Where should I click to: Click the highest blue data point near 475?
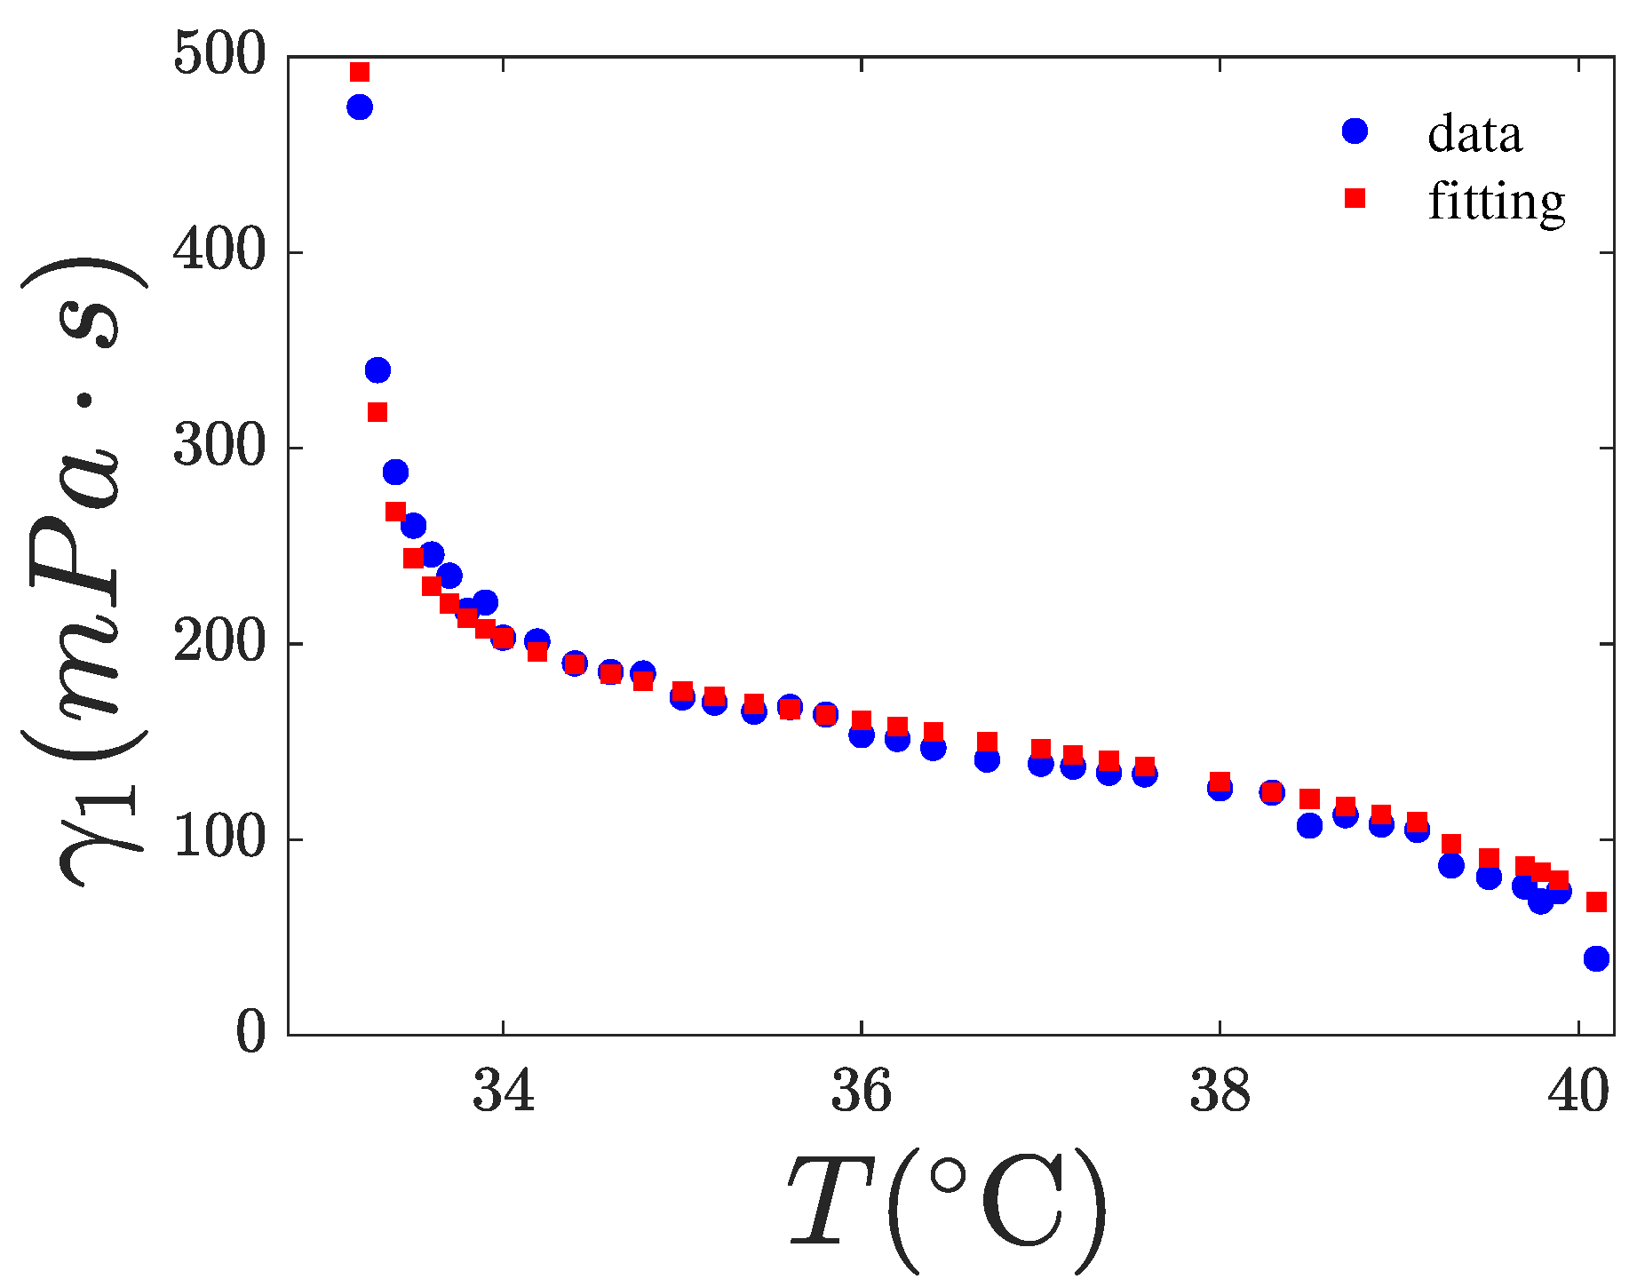tap(360, 107)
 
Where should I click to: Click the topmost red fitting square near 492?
tap(360, 72)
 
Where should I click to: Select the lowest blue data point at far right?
tap(1596, 958)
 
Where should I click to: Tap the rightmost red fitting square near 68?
tap(1596, 902)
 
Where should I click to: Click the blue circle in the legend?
tap(1355, 131)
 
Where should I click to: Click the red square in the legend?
tap(1355, 198)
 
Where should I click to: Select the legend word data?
tap(1474, 134)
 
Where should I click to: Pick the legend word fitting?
tap(1496, 202)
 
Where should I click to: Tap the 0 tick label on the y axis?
tap(250, 1033)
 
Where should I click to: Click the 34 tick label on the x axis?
tap(504, 1092)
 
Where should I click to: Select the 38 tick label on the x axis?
tap(1220, 1092)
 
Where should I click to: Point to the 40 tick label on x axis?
tap(1578, 1092)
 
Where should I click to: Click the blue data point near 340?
tap(377, 370)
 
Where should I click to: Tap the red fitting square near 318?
tap(377, 412)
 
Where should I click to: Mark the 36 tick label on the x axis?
tap(862, 1092)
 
